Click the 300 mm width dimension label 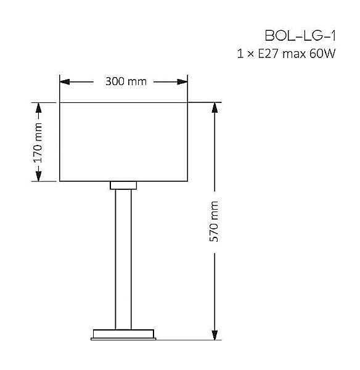click(x=126, y=81)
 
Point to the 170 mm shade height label click(x=38, y=142)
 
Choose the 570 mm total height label click(x=215, y=221)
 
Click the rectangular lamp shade click(x=123, y=142)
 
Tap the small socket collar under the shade click(x=123, y=185)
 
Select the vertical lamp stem click(x=123, y=259)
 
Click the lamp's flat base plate click(x=123, y=334)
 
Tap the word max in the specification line click(x=294, y=54)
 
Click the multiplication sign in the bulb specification click(x=250, y=55)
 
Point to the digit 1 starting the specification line click(x=240, y=54)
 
